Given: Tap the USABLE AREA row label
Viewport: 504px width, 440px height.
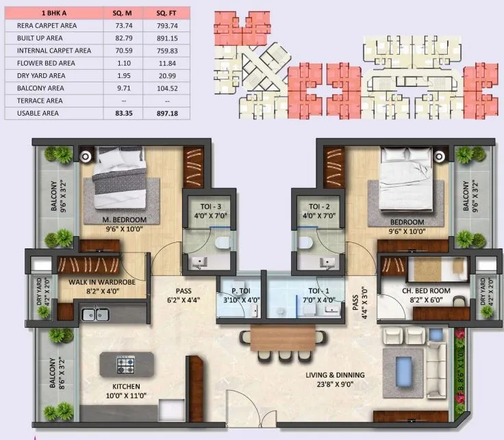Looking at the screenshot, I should pyautogui.click(x=36, y=113).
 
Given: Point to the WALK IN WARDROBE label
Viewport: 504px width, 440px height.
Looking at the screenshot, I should pyautogui.click(x=101, y=281).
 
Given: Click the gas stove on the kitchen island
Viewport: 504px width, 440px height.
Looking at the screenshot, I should pyautogui.click(x=127, y=363).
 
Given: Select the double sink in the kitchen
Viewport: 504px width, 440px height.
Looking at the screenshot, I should pyautogui.click(x=94, y=314).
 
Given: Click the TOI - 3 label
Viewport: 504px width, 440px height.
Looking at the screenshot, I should pyautogui.click(x=205, y=205).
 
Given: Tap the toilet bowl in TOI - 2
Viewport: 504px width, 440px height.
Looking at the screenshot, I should pyautogui.click(x=307, y=243).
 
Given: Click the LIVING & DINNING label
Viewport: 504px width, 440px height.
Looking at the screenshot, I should pyautogui.click(x=335, y=375).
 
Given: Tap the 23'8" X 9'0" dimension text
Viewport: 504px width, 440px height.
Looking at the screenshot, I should pyautogui.click(x=335, y=385).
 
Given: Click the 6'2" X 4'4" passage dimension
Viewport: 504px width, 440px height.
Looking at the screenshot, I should pyautogui.click(x=183, y=299).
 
